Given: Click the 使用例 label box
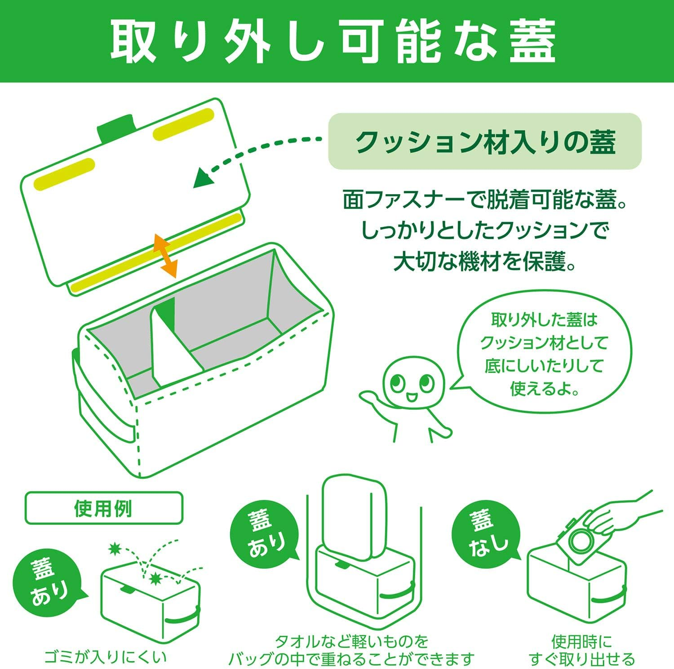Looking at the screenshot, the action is tap(104, 508).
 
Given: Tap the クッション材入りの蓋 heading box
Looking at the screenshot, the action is tap(485, 141).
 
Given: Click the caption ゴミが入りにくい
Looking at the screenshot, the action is tap(105, 656).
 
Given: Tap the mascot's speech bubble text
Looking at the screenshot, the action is tap(544, 354).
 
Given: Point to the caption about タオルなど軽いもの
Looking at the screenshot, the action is tap(352, 650).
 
